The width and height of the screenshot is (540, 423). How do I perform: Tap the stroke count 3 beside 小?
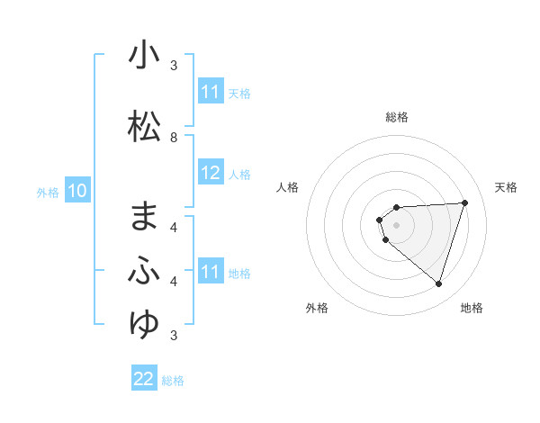click(174, 66)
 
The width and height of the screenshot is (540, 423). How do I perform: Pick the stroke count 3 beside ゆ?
click(174, 336)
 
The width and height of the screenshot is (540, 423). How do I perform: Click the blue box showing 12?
click(211, 173)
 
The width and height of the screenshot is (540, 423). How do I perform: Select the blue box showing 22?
click(144, 379)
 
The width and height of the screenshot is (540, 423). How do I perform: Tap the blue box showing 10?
click(76, 191)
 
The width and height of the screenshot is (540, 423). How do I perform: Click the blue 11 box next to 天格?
click(211, 92)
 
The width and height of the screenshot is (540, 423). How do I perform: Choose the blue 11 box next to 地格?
click(211, 272)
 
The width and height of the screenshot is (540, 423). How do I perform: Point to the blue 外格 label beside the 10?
click(48, 192)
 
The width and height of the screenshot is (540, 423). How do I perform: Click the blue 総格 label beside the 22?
click(173, 381)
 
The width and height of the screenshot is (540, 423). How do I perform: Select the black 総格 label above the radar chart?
click(397, 117)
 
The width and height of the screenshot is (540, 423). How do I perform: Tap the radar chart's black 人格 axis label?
click(287, 187)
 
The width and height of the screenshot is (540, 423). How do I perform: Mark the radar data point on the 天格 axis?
click(465, 202)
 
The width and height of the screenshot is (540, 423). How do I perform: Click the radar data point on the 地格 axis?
click(438, 284)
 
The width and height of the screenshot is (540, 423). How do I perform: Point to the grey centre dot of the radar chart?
click(397, 225)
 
